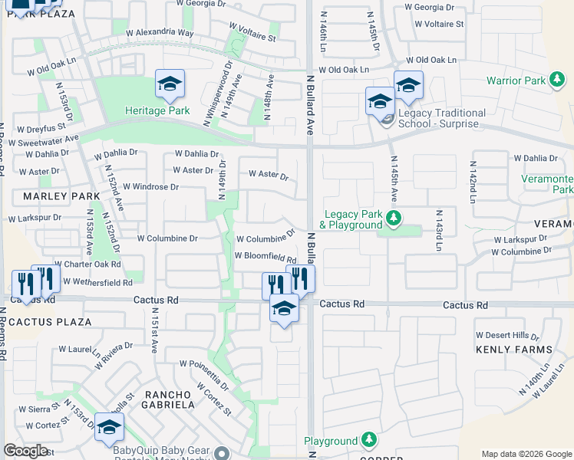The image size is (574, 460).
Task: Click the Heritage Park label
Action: (x=157, y=111)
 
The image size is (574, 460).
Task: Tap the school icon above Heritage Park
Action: (x=170, y=85)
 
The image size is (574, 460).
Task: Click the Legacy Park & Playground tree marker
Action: (x=394, y=219)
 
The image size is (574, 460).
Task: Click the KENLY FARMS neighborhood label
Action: (x=513, y=350)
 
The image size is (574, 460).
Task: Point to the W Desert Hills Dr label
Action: (x=507, y=336)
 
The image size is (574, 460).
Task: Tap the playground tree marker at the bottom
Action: (x=370, y=440)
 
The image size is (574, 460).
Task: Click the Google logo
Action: (x=26, y=451)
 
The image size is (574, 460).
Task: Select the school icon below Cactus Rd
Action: (x=284, y=309)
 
